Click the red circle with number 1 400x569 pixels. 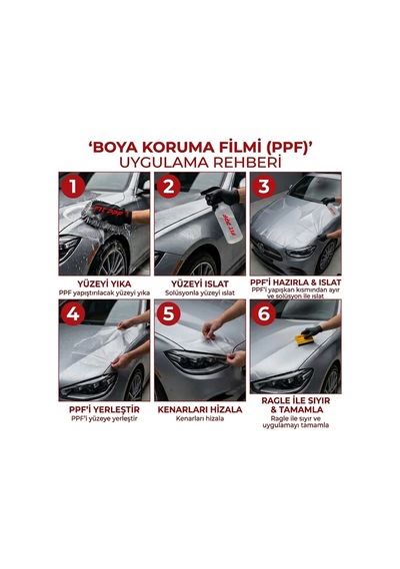[73, 187]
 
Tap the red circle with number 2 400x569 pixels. [169, 187]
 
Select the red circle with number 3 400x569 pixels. [264, 186]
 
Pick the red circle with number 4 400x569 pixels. [73, 313]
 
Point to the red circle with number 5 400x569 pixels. [169, 313]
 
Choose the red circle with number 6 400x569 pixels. [264, 313]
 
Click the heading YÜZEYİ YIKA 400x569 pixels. [104, 284]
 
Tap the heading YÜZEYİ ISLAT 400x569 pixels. [200, 284]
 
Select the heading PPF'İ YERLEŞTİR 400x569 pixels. [104, 409]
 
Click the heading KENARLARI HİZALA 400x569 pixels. [200, 409]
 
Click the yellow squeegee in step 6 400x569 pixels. [304, 340]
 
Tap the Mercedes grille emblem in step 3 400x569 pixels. [260, 248]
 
